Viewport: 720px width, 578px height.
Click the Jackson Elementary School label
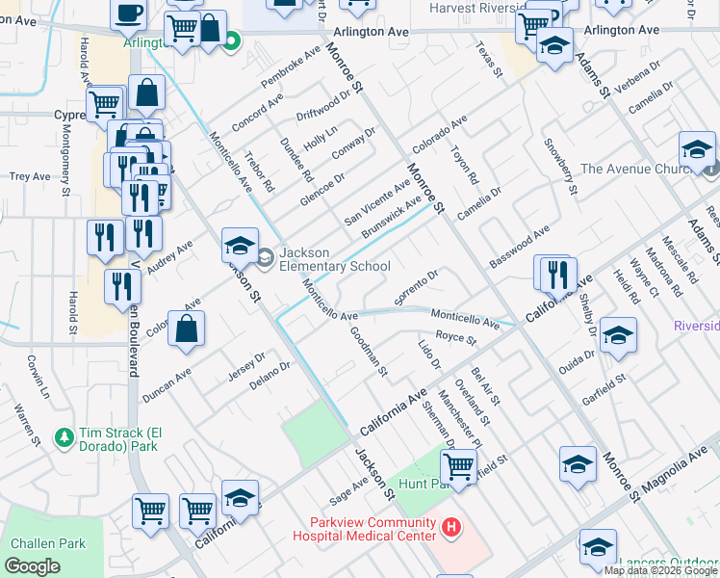(x=333, y=259)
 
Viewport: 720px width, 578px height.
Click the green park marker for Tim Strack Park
(x=64, y=437)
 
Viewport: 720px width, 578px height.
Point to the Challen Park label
(x=46, y=543)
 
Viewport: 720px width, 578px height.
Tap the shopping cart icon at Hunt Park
(x=459, y=466)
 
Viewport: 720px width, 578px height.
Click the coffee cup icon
(x=128, y=13)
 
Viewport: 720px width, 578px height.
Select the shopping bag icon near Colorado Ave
(x=187, y=327)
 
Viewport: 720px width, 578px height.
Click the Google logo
(x=33, y=566)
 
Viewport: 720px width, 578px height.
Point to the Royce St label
(x=455, y=339)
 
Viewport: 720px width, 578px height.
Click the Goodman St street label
(x=369, y=352)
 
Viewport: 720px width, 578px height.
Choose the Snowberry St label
(x=559, y=168)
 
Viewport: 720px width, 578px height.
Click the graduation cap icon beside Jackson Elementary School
(x=240, y=246)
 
